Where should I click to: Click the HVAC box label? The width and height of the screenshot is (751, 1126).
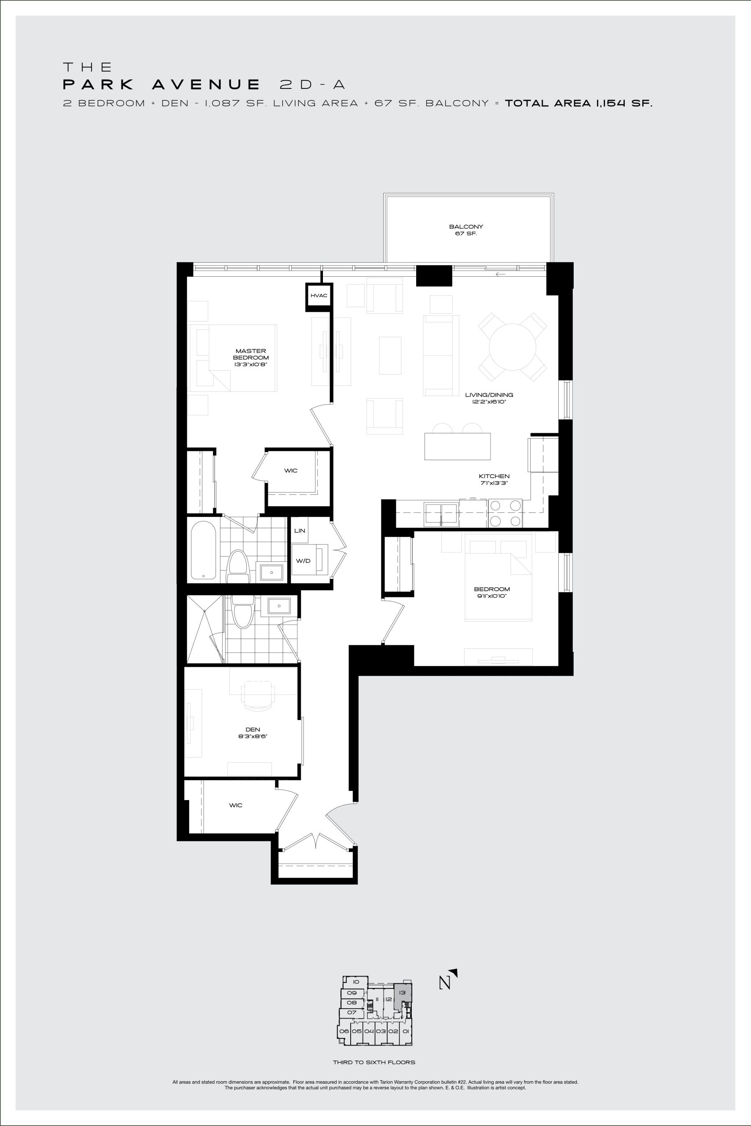(x=319, y=296)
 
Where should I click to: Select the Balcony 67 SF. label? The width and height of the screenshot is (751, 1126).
(x=466, y=230)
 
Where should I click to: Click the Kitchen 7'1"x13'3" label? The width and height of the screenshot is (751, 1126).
(x=494, y=480)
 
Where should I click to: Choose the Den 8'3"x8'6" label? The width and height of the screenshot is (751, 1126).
(x=253, y=733)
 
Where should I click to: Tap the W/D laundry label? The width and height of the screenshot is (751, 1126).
(x=303, y=561)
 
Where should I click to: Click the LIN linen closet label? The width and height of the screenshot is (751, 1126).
(x=300, y=531)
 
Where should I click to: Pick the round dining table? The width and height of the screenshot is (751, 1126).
(x=513, y=347)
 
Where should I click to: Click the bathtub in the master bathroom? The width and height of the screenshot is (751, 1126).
(x=203, y=550)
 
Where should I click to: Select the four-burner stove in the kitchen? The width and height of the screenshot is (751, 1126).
(x=506, y=513)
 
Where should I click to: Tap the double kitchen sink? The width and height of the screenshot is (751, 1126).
(x=441, y=513)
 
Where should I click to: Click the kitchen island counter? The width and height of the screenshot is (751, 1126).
(x=458, y=446)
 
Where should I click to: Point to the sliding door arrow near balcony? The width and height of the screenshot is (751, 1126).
(x=501, y=274)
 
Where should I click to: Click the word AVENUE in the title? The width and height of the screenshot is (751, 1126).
(x=206, y=85)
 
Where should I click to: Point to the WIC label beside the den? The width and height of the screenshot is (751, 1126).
(x=236, y=805)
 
